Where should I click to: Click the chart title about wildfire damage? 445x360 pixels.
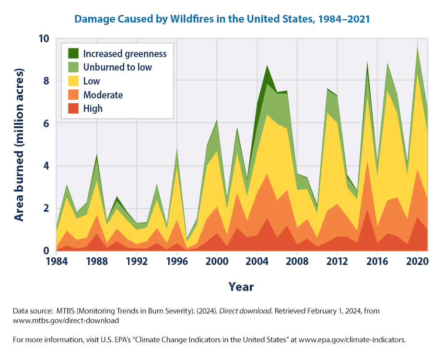222,19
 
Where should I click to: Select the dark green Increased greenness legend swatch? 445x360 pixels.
74,54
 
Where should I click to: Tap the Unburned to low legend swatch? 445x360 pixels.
74,67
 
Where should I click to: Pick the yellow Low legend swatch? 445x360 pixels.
74,81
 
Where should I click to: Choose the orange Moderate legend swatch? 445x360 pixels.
74,95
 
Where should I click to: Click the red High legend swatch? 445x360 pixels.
74,108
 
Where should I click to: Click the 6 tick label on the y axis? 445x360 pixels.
46,123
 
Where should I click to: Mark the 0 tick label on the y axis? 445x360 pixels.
46,251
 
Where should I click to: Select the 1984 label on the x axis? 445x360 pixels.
57,263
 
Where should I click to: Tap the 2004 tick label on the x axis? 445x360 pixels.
258,263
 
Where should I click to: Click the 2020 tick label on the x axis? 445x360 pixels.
418,263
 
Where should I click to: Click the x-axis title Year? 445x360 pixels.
241,287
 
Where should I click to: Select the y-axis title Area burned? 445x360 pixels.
19,144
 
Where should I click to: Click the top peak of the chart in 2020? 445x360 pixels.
418,47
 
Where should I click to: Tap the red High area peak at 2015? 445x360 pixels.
367,209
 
